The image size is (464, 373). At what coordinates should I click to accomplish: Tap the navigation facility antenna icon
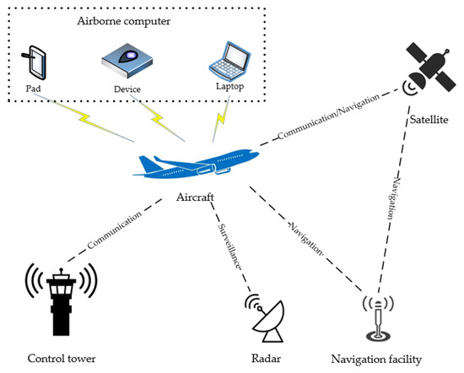[379, 316]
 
